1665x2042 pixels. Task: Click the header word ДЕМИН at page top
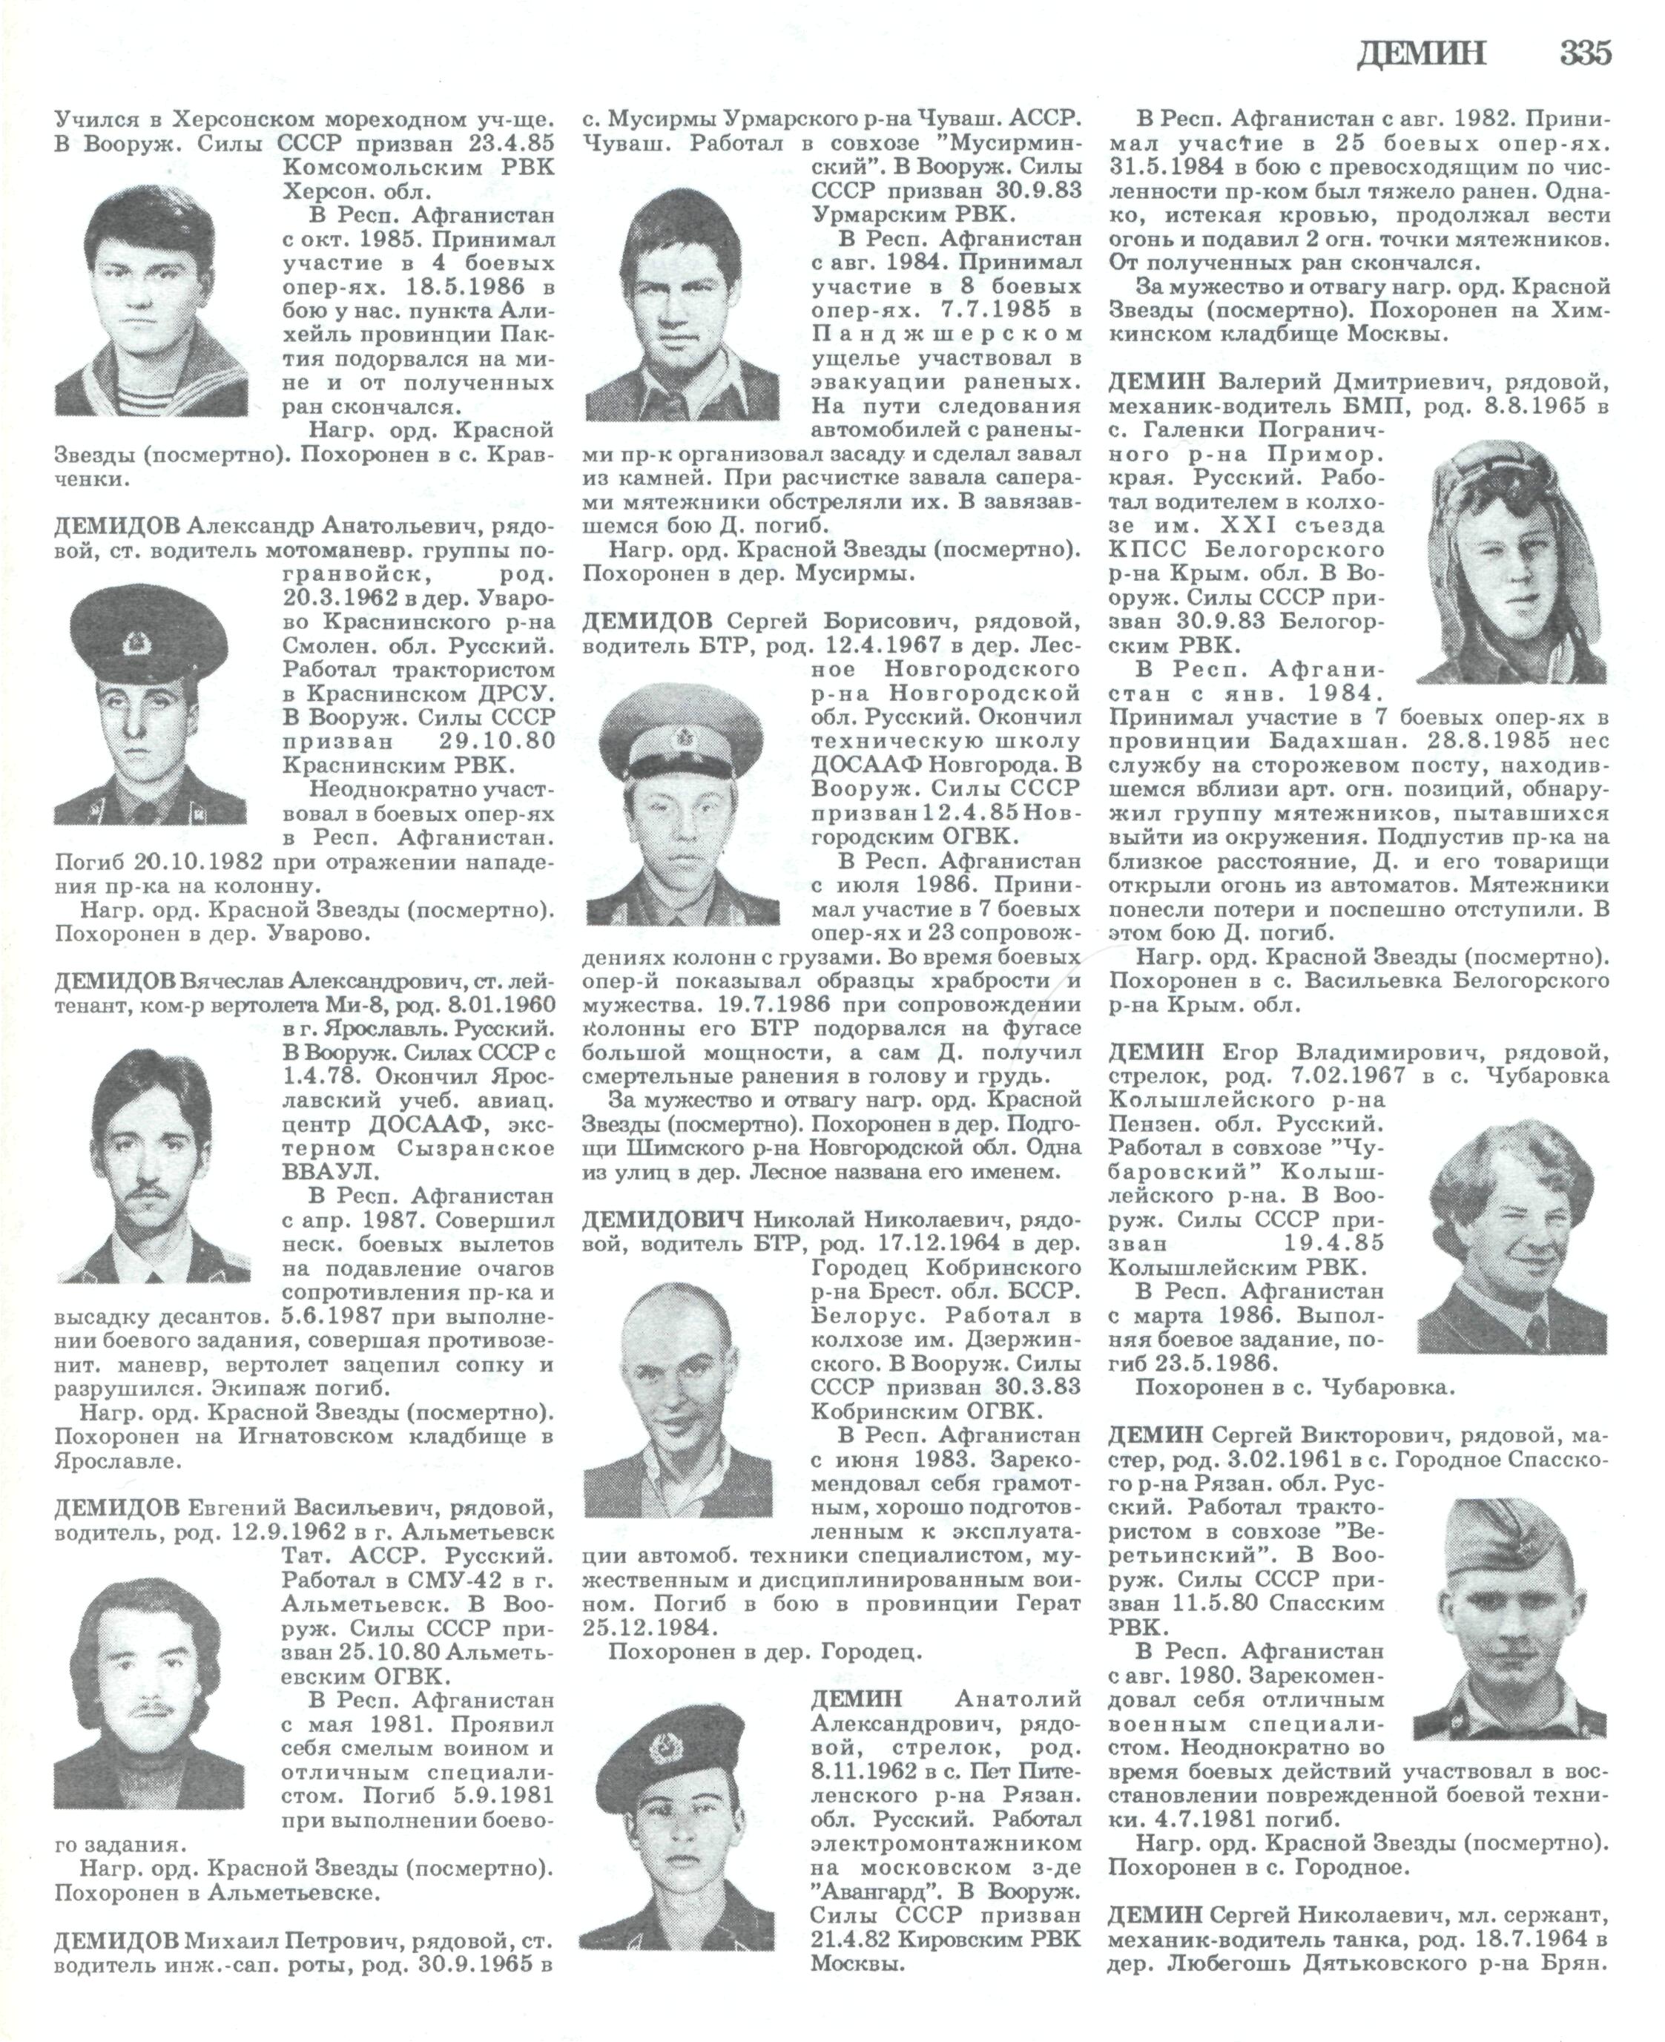point(1422,53)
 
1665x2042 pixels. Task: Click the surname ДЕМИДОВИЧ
point(664,1220)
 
